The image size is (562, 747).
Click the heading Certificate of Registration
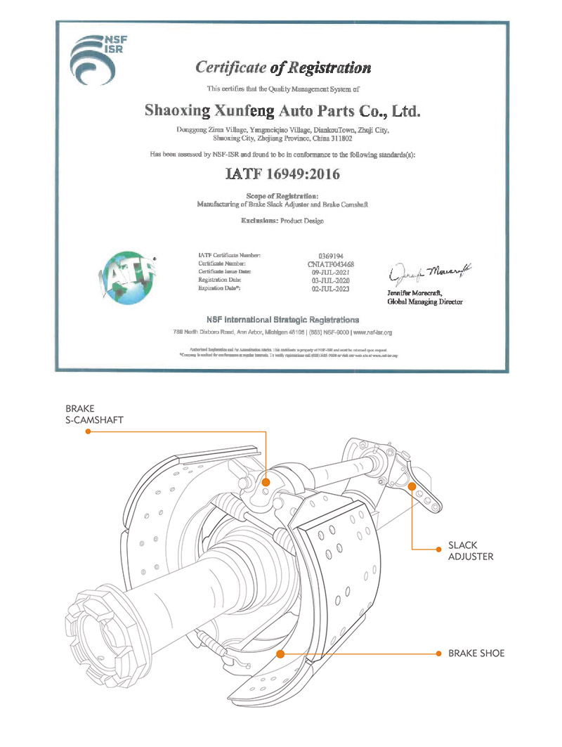[x=282, y=68]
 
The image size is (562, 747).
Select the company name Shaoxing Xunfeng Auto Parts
[x=282, y=110]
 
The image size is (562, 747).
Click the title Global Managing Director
[x=426, y=301]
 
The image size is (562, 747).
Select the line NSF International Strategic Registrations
[x=282, y=320]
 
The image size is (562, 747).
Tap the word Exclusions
[x=259, y=220]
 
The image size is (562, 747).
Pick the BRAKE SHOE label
[x=476, y=654]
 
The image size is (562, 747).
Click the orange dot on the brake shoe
[x=280, y=654]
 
